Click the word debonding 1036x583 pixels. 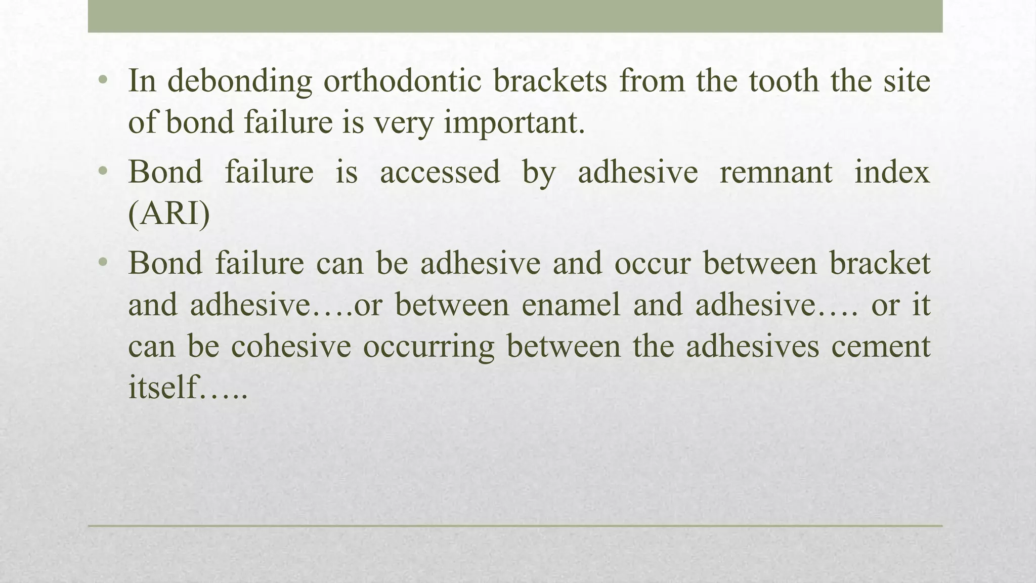pyautogui.click(x=239, y=81)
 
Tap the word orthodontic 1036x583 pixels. pyautogui.click(x=402, y=81)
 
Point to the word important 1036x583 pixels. pyautogui.click(x=514, y=122)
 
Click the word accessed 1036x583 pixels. pyautogui.click(x=440, y=172)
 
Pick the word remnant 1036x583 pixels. pyautogui.click(x=775, y=172)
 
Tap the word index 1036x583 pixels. pyautogui.click(x=892, y=172)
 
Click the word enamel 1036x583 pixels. pyautogui.click(x=571, y=305)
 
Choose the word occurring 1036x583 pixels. pyautogui.click(x=428, y=348)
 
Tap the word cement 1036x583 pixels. pyautogui.click(x=881, y=347)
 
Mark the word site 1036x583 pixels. pyautogui.click(x=906, y=81)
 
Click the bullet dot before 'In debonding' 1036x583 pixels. pyautogui.click(x=103, y=80)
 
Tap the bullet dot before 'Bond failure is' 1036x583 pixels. pyautogui.click(x=103, y=171)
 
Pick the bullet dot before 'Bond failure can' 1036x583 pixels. pyautogui.click(x=103, y=263)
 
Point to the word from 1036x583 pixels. pyautogui.click(x=652, y=81)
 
